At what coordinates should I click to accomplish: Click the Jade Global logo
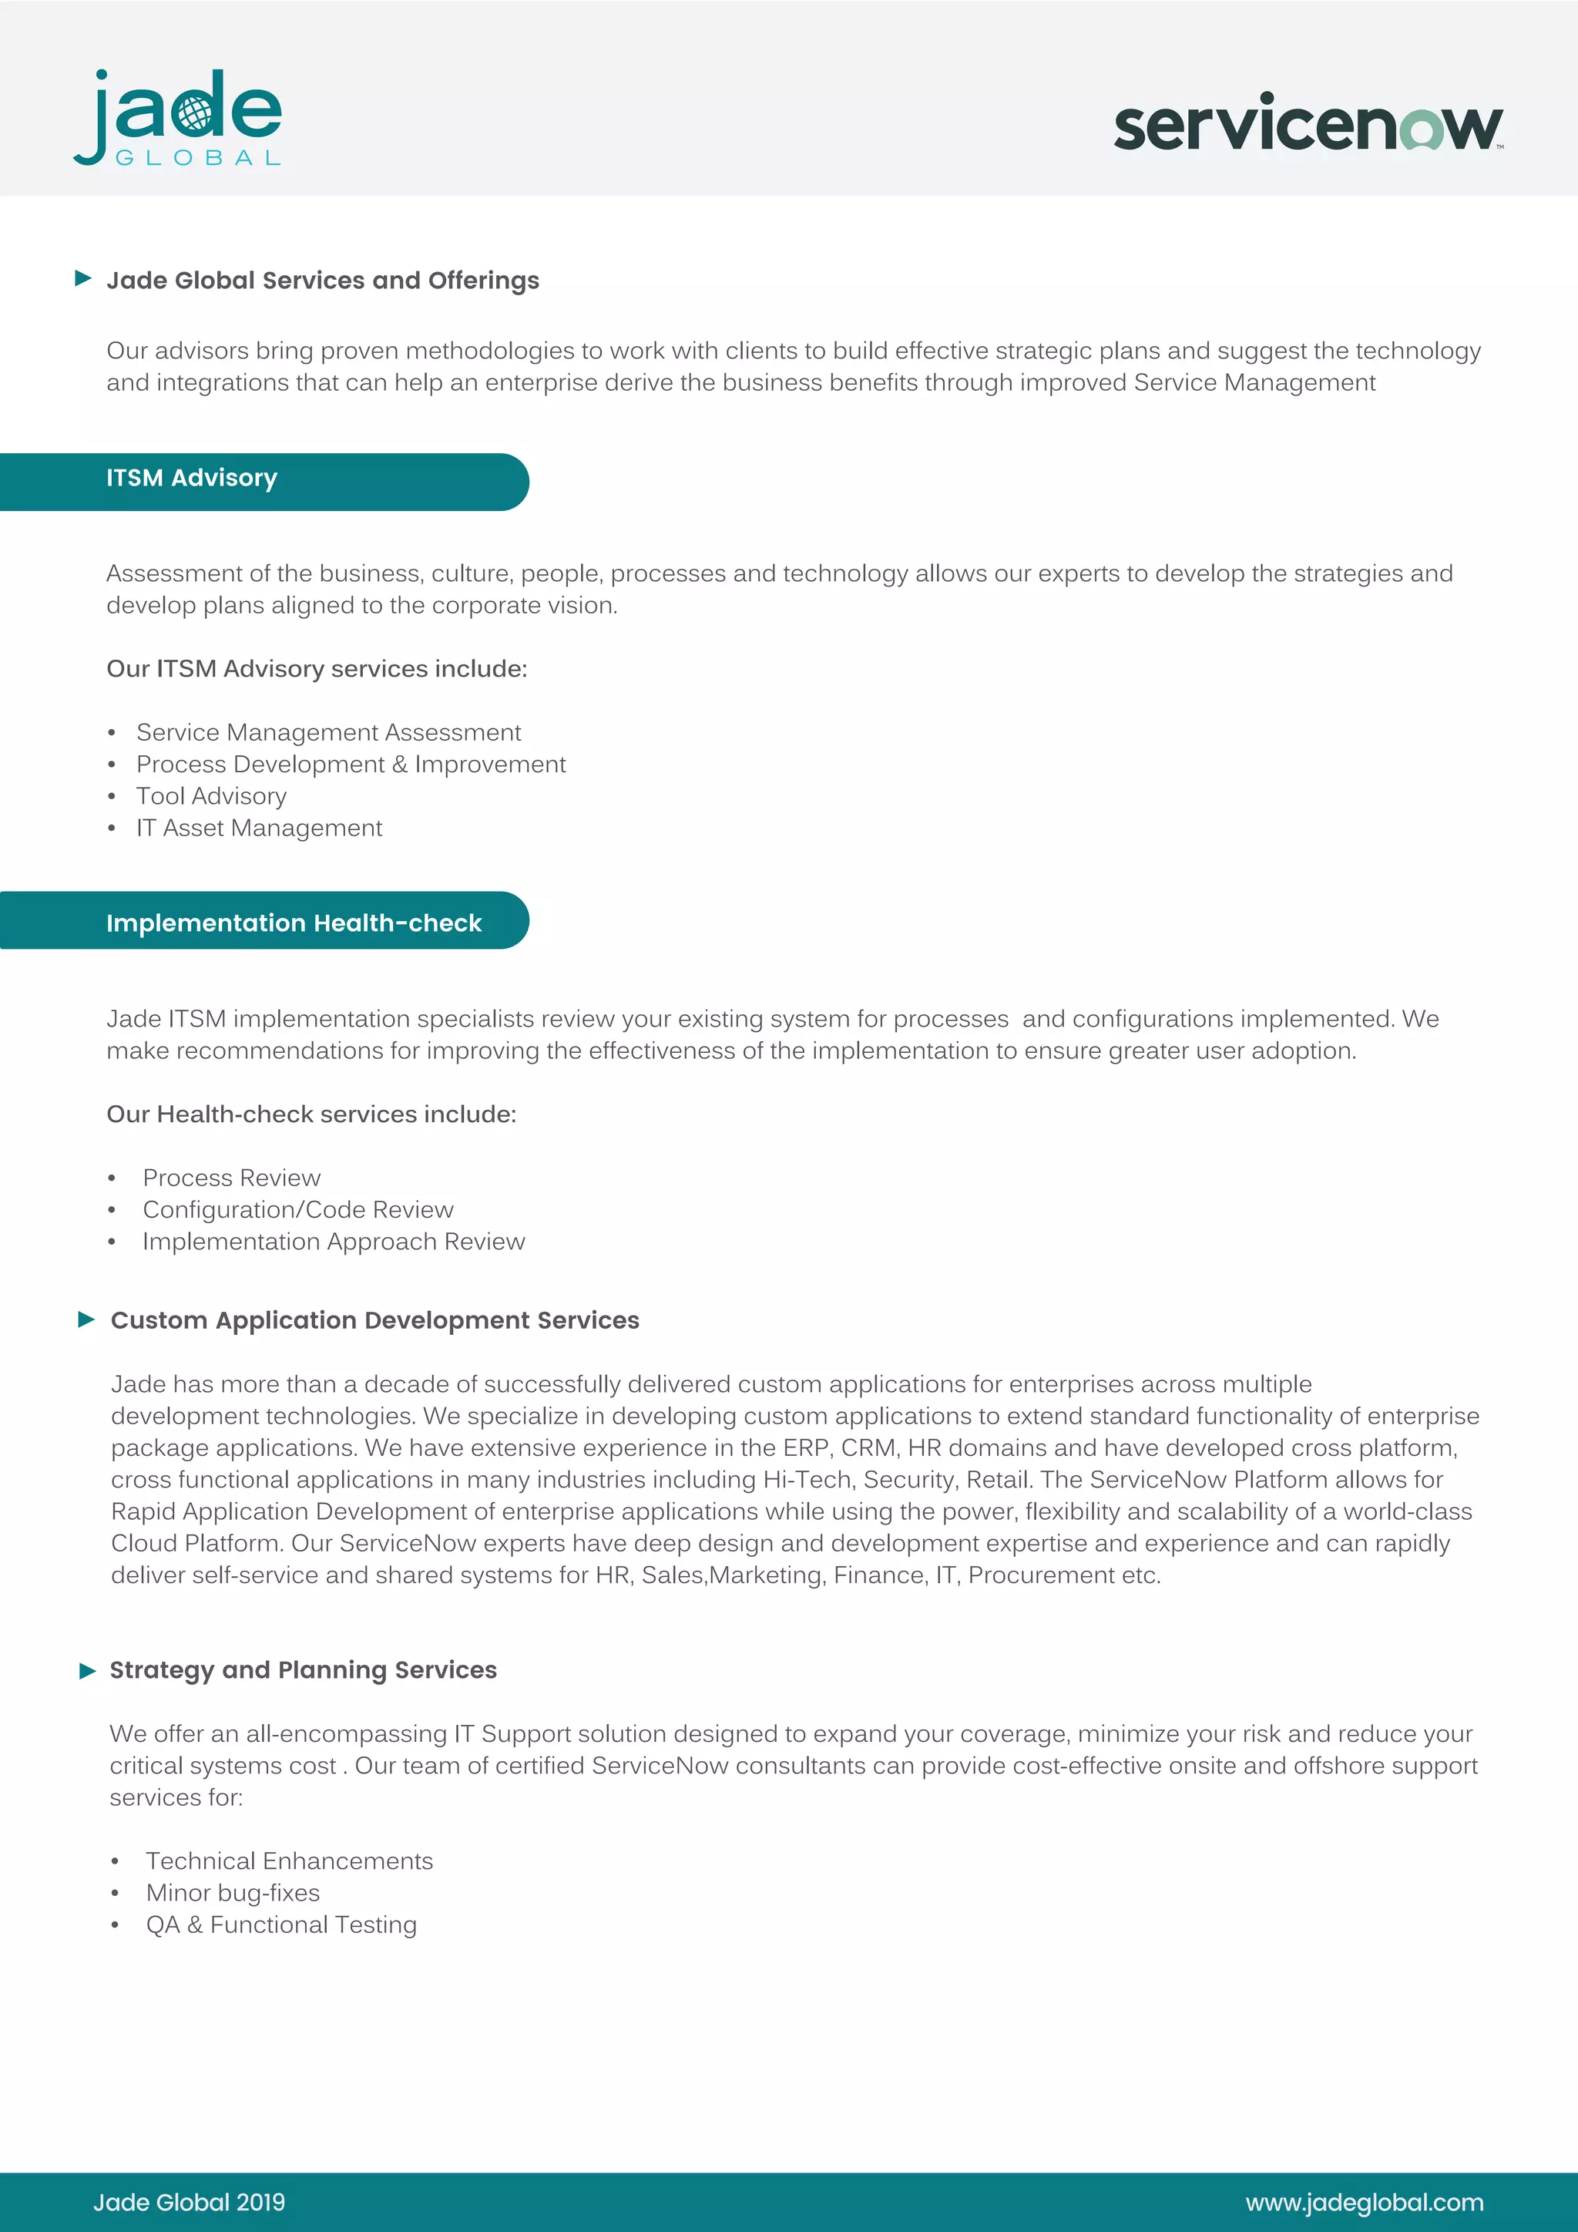click(178, 118)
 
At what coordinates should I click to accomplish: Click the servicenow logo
click(1307, 123)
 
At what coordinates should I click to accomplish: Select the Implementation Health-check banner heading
click(294, 923)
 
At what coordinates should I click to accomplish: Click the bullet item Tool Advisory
click(211, 796)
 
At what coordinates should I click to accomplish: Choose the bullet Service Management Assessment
click(328, 732)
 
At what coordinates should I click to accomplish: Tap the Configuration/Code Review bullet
click(297, 1209)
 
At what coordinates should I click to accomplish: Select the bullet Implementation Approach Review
click(334, 1242)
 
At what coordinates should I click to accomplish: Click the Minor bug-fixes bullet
click(232, 1893)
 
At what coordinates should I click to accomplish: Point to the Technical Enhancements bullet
click(289, 1861)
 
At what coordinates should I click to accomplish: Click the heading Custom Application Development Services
click(374, 1320)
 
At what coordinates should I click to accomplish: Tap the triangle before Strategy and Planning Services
click(87, 1671)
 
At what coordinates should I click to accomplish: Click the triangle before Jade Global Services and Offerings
click(83, 279)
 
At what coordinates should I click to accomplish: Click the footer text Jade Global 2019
click(189, 2202)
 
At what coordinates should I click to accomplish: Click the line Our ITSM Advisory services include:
click(316, 669)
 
